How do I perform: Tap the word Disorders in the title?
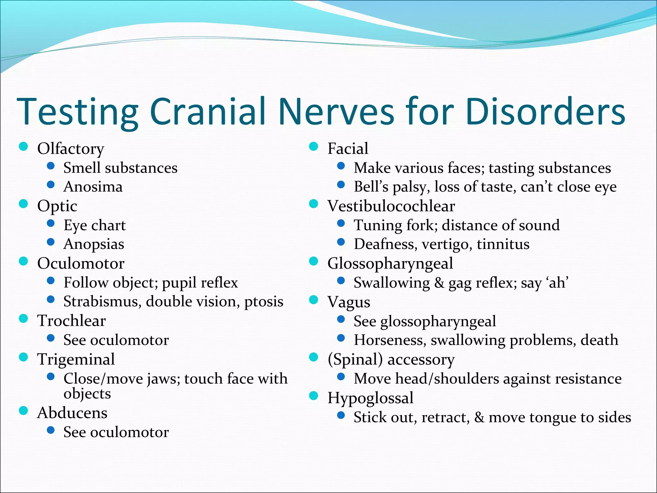pos(545,111)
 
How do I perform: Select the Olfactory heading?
pos(71,149)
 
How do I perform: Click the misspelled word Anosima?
pos(93,187)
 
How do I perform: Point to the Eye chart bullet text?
pos(95,225)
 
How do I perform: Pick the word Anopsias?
pos(94,245)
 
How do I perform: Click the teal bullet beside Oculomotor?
pos(23,261)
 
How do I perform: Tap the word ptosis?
pos(264,302)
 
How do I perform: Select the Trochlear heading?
pos(71,321)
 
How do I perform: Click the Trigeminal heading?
pos(76,359)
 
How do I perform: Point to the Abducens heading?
pos(72,413)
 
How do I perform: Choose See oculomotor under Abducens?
pos(116,432)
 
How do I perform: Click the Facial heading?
pos(348,149)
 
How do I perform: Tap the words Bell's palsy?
pos(391,187)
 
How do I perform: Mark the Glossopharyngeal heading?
pos(390,264)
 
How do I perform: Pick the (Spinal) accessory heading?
pos(391,359)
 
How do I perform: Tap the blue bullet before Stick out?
pos(341,416)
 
